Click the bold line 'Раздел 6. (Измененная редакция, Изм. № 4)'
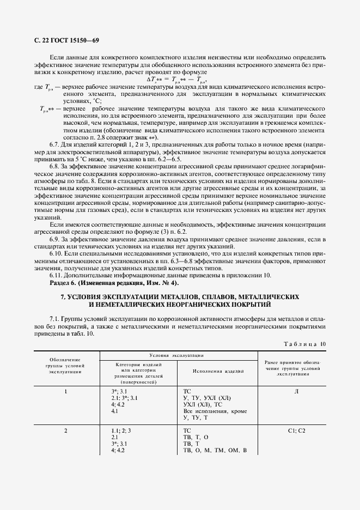pyautogui.click(x=114, y=283)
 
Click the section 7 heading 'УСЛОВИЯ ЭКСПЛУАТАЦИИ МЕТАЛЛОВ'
pyautogui.click(x=180, y=296)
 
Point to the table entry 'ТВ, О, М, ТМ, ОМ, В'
pyautogui.click(x=215, y=451)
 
